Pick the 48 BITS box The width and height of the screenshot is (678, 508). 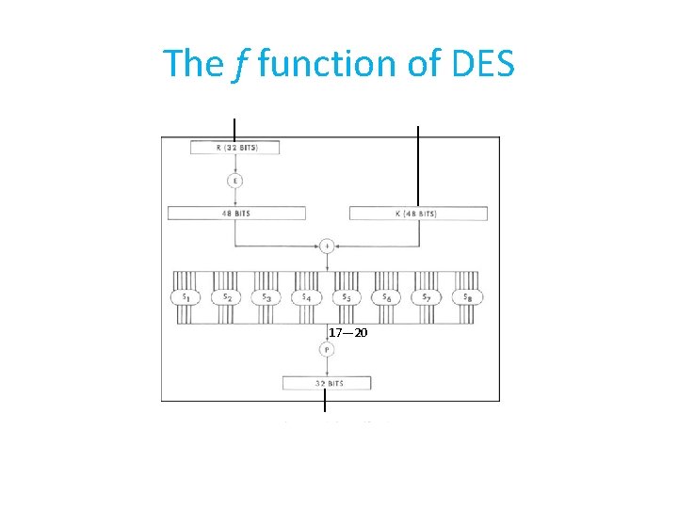(x=236, y=214)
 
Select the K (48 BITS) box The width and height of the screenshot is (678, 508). (x=418, y=214)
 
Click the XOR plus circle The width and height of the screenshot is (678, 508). (x=327, y=246)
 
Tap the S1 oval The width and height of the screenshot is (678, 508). (x=184, y=296)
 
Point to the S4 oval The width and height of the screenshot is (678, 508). (x=305, y=296)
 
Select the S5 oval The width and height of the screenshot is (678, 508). (x=346, y=296)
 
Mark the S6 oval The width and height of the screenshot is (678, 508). (x=386, y=296)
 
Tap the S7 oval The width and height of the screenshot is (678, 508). (x=427, y=296)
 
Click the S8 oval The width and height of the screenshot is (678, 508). (x=467, y=296)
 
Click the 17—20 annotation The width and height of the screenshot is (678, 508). (x=348, y=333)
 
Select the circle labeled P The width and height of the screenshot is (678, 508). (x=326, y=350)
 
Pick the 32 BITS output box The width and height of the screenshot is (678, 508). (x=326, y=383)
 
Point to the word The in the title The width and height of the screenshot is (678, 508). (x=193, y=63)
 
